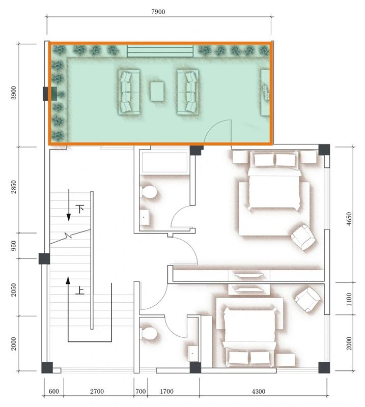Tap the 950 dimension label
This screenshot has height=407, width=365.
pyautogui.click(x=14, y=245)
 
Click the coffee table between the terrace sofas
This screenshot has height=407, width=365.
pyautogui.click(x=157, y=92)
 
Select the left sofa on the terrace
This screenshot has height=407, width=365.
pyautogui.click(x=129, y=92)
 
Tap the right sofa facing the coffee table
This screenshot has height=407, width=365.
pyautogui.click(x=187, y=92)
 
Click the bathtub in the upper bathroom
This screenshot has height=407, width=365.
pyautogui.click(x=164, y=163)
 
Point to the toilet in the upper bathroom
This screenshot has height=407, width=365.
pyautogui.click(x=149, y=192)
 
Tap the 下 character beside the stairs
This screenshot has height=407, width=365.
pyautogui.click(x=80, y=208)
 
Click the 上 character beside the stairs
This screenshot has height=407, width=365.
pyautogui.click(x=79, y=291)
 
